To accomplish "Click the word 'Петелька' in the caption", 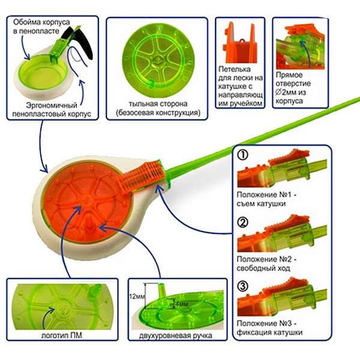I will pyautogui.click(x=236, y=69).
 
